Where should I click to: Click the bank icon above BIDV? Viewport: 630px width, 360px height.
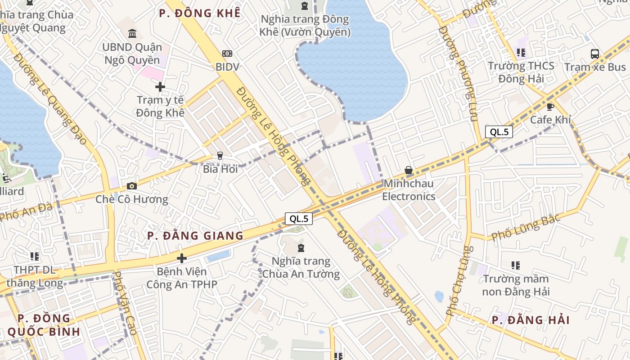[227, 54]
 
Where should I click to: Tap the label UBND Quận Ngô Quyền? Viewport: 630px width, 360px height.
[131, 54]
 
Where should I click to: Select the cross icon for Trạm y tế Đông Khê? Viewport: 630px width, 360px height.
[160, 86]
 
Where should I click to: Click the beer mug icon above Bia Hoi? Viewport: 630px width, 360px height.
[220, 156]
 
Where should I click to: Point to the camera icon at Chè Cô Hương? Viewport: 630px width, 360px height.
[132, 186]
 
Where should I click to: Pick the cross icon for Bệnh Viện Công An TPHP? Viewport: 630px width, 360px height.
[182, 258]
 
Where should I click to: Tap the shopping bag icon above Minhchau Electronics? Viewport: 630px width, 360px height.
[409, 170]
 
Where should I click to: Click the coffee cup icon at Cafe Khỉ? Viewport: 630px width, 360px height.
[550, 107]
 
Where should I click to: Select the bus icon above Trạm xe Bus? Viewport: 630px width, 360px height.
[595, 54]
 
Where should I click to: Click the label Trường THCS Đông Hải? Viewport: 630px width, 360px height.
[521, 72]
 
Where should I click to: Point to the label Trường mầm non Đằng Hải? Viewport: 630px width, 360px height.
[516, 285]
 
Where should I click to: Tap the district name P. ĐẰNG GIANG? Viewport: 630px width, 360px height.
[195, 236]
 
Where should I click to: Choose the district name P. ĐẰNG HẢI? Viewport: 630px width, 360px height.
[531, 320]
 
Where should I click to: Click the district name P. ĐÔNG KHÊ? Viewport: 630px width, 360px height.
[199, 13]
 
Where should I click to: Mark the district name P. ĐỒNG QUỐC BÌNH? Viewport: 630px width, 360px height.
[44, 325]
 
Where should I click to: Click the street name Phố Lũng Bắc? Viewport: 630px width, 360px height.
[526, 227]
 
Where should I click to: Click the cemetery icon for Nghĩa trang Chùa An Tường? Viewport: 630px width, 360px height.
[301, 248]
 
